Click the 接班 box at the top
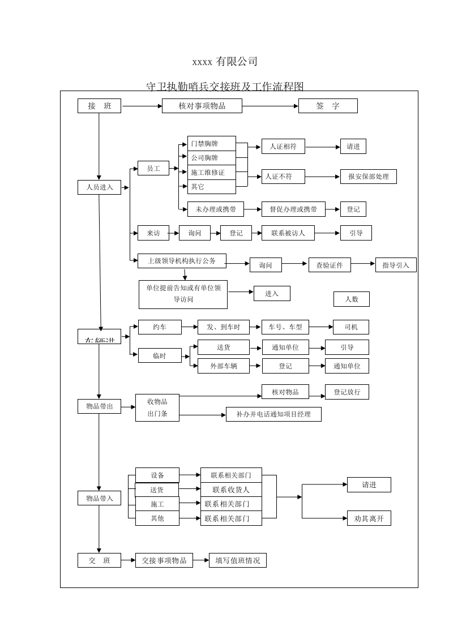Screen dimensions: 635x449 pyautogui.click(x=99, y=106)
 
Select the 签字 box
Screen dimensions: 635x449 pyautogui.click(x=328, y=106)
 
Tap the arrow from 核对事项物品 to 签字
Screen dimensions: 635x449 pyautogui.click(x=270, y=106)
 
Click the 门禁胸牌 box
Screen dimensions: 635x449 pyautogui.click(x=211, y=144)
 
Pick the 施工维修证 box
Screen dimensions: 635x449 pyautogui.click(x=211, y=172)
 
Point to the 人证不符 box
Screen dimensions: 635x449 pyautogui.click(x=283, y=177)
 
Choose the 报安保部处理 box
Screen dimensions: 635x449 pyautogui.click(x=368, y=177)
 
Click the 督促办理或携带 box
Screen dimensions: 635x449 pyautogui.click(x=293, y=209)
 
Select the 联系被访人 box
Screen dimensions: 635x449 pyautogui.click(x=288, y=233)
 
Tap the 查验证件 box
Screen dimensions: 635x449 pyautogui.click(x=330, y=265)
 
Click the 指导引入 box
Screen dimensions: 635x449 pyautogui.click(x=396, y=265)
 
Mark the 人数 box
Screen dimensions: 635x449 pyautogui.click(x=351, y=299)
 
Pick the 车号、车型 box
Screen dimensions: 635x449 pyautogui.click(x=285, y=327)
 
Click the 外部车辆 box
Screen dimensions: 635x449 pyautogui.click(x=223, y=366)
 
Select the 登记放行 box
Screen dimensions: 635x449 pyautogui.click(x=347, y=392)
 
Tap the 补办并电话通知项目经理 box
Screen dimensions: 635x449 pyautogui.click(x=273, y=414)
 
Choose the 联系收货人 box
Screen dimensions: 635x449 pyautogui.click(x=231, y=490)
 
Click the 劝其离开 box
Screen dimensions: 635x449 pyautogui.click(x=369, y=518)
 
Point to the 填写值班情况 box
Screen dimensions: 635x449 pyautogui.click(x=237, y=560)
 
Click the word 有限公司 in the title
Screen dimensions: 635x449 pyautogui.click(x=236, y=61)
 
